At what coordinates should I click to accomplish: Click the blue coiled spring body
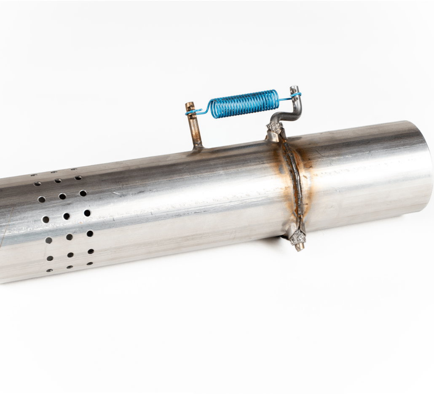(244, 103)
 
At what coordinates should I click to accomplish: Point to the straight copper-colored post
(195, 129)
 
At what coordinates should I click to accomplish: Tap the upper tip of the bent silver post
(294, 88)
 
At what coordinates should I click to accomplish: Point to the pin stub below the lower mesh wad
(300, 247)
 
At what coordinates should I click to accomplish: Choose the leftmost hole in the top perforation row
(34, 175)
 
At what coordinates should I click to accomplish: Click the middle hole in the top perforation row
(54, 172)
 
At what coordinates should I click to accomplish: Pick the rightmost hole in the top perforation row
(74, 170)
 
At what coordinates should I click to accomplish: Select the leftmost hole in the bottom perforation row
(49, 270)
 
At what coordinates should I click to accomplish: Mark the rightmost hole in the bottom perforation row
(90, 264)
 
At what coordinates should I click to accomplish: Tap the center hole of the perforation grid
(66, 216)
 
